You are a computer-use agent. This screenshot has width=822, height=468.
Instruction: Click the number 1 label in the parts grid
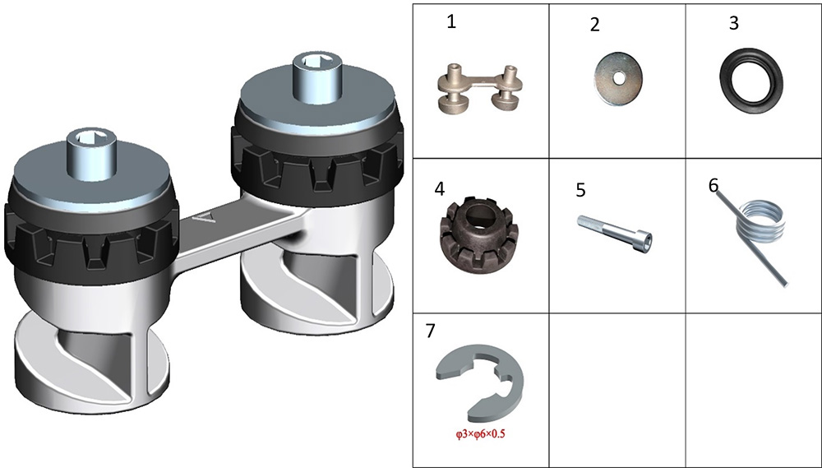pyautogui.click(x=451, y=22)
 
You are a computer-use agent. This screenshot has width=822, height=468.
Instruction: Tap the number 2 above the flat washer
pyautogui.click(x=594, y=25)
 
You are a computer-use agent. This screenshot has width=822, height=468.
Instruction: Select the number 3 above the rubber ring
pyautogui.click(x=734, y=24)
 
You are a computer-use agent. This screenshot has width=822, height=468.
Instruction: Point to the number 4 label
pyautogui.click(x=439, y=189)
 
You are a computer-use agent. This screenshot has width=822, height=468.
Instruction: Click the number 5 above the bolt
pyautogui.click(x=580, y=190)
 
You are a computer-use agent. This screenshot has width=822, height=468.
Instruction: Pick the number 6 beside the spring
pyautogui.click(x=713, y=185)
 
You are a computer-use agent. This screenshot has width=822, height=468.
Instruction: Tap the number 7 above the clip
pyautogui.click(x=431, y=331)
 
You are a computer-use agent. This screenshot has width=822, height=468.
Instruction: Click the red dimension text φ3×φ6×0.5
pyautogui.click(x=480, y=434)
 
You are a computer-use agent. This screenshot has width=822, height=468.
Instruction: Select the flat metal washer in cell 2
pyautogui.click(x=619, y=78)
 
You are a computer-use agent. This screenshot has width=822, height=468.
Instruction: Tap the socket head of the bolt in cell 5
pyautogui.click(x=646, y=241)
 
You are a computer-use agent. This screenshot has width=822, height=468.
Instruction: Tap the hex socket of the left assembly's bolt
pyautogui.click(x=92, y=139)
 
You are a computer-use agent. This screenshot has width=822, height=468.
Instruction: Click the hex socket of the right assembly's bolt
pyautogui.click(x=316, y=60)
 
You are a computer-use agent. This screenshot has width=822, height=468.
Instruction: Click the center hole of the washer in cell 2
pyautogui.click(x=619, y=78)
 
